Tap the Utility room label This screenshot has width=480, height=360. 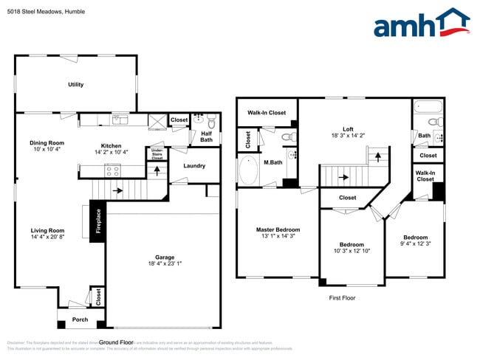[75, 85]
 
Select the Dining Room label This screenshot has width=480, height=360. [47, 143]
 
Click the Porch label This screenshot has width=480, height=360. [80, 319]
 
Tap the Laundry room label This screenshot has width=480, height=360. [194, 166]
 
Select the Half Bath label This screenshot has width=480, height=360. [206, 136]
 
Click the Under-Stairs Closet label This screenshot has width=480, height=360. [157, 153]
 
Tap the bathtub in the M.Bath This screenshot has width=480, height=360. [250, 172]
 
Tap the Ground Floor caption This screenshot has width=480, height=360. [116, 342]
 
